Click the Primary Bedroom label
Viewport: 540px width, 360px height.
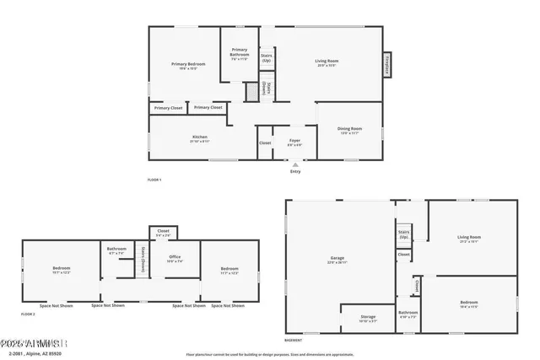pyautogui.click(x=188, y=64)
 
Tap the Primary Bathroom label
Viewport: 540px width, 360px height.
pyautogui.click(x=240, y=54)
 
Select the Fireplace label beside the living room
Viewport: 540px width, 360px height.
pyautogui.click(x=388, y=67)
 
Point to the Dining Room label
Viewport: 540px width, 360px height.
pyautogui.click(x=350, y=128)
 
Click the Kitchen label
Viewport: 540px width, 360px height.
pyautogui.click(x=200, y=137)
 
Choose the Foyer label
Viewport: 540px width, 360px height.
pyautogui.click(x=295, y=140)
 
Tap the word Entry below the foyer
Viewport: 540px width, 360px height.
pyautogui.click(x=295, y=171)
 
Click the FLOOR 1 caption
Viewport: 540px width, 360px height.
pyautogui.click(x=154, y=180)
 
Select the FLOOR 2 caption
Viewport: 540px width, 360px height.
pyautogui.click(x=28, y=313)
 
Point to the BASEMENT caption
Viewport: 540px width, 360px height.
pyautogui.click(x=294, y=340)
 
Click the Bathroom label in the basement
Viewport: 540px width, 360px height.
pyautogui.click(x=408, y=312)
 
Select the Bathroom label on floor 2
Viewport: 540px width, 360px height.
pyautogui.click(x=116, y=248)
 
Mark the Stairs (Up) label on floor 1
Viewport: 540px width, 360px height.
pyautogui.click(x=267, y=58)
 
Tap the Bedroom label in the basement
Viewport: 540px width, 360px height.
pyautogui.click(x=469, y=302)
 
